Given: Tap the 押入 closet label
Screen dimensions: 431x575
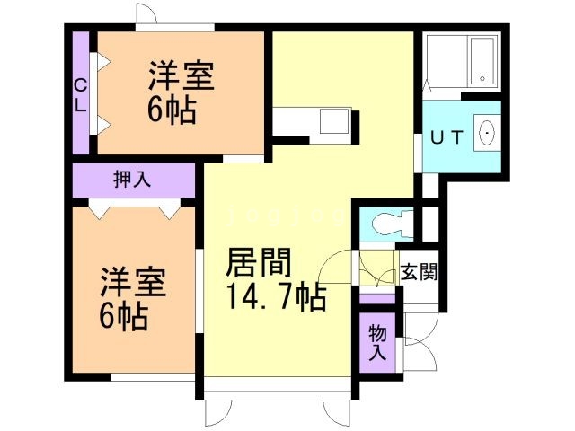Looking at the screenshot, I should point(132,179).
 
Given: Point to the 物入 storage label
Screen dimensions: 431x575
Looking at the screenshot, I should point(378,342).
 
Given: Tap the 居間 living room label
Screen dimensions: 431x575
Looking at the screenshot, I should point(258,263).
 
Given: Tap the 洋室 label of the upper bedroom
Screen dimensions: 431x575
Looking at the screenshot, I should point(181,76).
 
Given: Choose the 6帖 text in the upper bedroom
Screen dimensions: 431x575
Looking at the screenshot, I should point(172,111).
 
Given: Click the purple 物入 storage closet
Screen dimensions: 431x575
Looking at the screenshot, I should point(377,341).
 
